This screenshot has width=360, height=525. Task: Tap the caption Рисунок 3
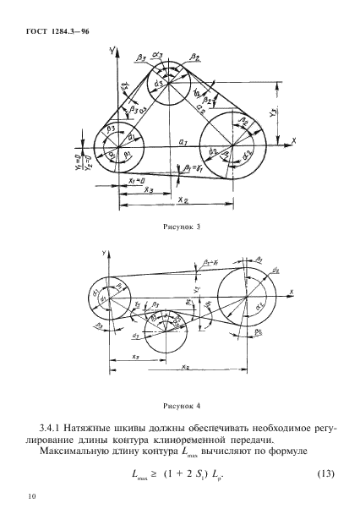(x=179, y=226)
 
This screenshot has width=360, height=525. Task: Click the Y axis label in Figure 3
(x=112, y=52)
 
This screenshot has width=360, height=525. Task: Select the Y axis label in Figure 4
(x=104, y=252)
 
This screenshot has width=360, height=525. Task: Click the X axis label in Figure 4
(x=290, y=292)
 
